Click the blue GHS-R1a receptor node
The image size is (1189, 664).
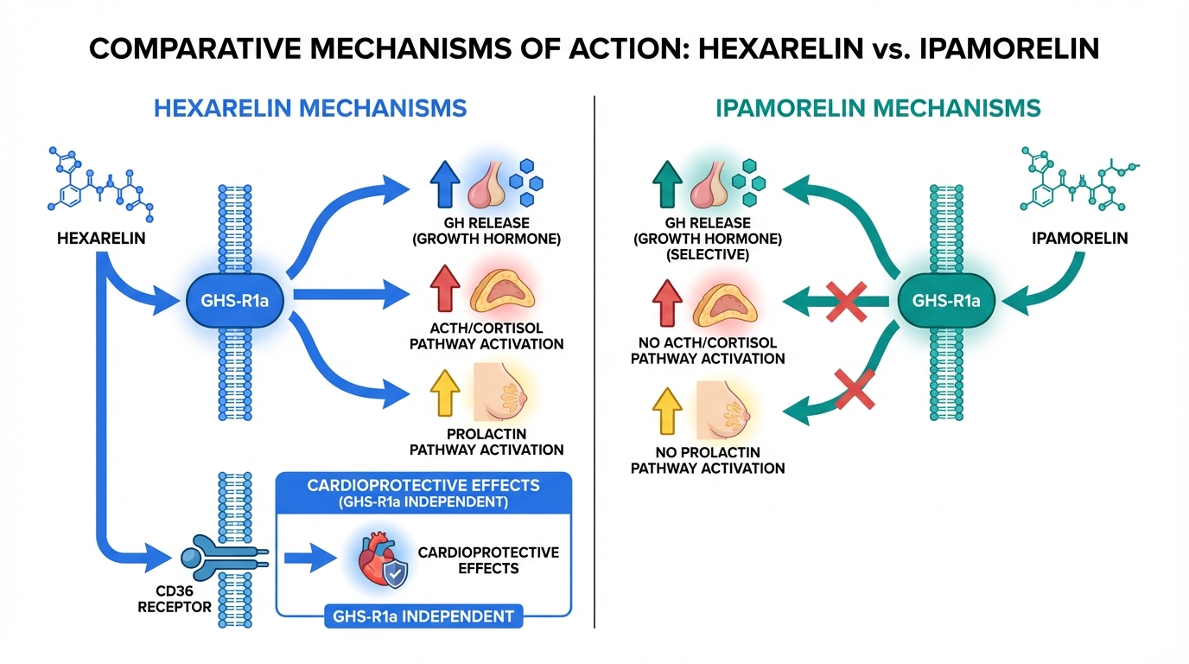[x=238, y=301]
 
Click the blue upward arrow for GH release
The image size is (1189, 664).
[x=445, y=185]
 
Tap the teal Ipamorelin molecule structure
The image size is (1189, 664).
[x=1077, y=183]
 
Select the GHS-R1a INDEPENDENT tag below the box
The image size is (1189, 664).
[x=423, y=616]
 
